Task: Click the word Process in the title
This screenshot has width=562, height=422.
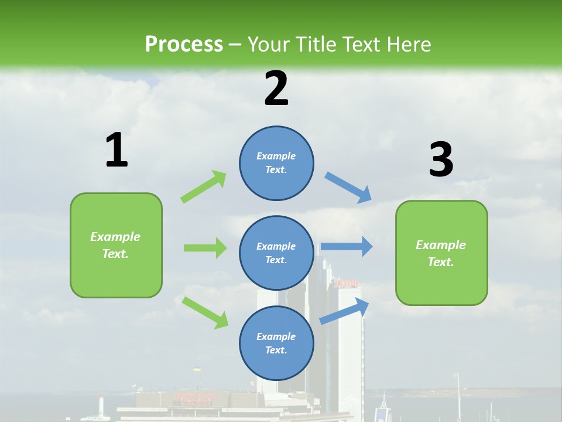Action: click(184, 45)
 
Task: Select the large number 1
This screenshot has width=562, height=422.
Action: click(116, 151)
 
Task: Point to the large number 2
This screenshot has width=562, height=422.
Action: click(276, 89)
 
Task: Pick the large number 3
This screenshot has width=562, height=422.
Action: click(441, 160)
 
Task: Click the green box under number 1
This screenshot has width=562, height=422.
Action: click(116, 245)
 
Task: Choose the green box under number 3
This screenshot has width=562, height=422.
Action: click(441, 253)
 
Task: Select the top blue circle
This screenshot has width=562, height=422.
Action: click(276, 163)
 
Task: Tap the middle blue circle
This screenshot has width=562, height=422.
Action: click(276, 253)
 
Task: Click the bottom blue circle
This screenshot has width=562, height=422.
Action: click(276, 343)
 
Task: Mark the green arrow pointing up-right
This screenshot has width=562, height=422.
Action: click(204, 186)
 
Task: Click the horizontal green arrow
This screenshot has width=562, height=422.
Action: click(205, 248)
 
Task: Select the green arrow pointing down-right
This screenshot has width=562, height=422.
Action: click(205, 312)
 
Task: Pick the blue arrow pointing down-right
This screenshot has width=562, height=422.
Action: click(348, 188)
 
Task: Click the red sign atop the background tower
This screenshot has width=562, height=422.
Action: click(346, 284)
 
